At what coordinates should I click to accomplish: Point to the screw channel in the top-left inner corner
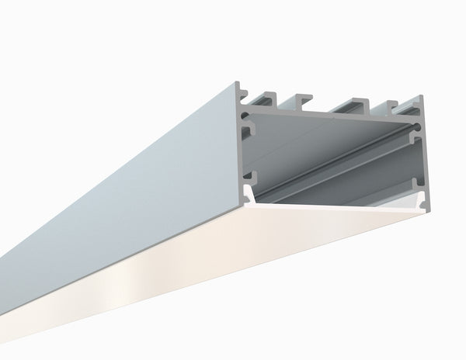(248, 119)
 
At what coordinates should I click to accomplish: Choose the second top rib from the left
(303, 100)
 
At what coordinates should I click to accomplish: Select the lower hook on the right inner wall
(419, 186)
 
